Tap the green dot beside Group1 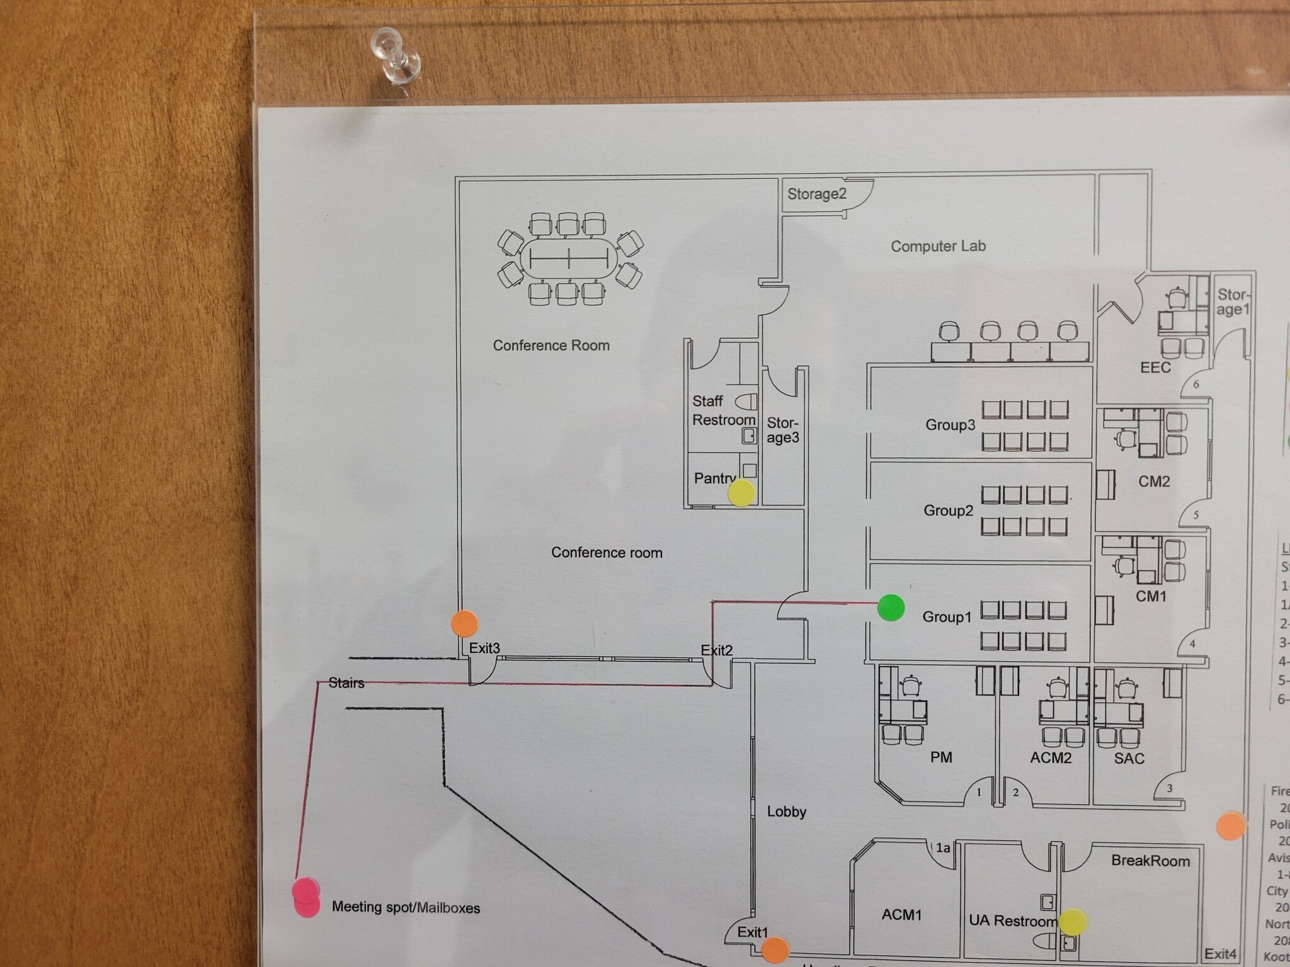[891, 608]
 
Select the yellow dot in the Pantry [741, 493]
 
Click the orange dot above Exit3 [465, 623]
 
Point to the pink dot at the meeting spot [306, 898]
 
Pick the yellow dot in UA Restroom [1073, 922]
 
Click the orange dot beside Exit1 [775, 950]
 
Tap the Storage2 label [816, 194]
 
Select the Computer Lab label [938, 246]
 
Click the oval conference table [569, 258]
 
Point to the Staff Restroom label [723, 410]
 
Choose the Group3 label [950, 425]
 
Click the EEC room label [1155, 368]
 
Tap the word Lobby [786, 811]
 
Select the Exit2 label [716, 650]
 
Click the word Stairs [346, 683]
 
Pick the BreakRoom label [1150, 861]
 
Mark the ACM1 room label [901, 914]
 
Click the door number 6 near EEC [1196, 384]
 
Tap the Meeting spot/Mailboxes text [406, 907]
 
